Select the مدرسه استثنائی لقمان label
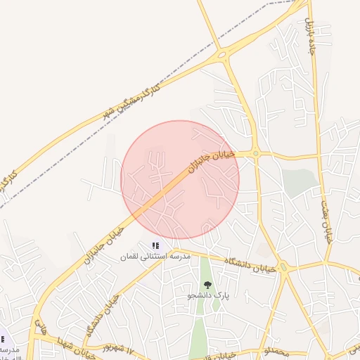pyautogui.click(x=157, y=257)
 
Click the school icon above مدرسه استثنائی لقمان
pyautogui.click(x=156, y=245)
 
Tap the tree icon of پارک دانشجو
pyautogui.click(x=207, y=284)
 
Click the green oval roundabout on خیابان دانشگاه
pyautogui.click(x=283, y=266)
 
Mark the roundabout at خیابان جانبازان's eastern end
pyautogui.click(x=256, y=153)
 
